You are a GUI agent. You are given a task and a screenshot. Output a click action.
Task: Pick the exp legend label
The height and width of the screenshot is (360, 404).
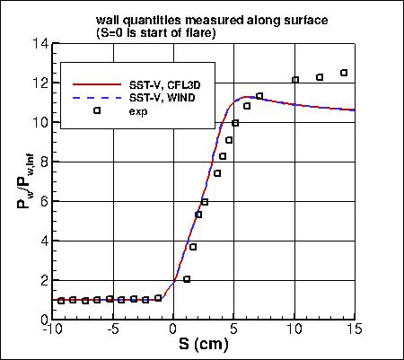pos(139,111)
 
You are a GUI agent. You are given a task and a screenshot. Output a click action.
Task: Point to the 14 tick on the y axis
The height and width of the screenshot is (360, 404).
pos(39,43)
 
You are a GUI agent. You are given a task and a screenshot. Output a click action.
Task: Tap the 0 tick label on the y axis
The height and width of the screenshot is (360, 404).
pos(41,319)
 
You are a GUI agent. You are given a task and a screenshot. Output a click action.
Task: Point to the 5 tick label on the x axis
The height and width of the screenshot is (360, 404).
pos(233,329)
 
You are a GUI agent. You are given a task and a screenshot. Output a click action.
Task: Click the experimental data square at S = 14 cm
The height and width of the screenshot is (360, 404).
pos(344,73)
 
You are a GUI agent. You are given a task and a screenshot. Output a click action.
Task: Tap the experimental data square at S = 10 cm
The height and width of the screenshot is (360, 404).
pos(295,80)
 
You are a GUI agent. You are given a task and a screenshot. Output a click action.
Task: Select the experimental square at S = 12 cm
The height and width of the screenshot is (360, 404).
pos(320,77)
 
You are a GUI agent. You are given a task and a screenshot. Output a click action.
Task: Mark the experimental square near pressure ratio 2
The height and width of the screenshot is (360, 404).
pos(187,279)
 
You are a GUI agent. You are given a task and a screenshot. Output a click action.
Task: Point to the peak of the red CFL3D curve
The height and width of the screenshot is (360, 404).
pos(248,97)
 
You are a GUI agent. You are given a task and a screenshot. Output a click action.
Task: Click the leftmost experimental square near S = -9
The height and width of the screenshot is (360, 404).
pos(61,301)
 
